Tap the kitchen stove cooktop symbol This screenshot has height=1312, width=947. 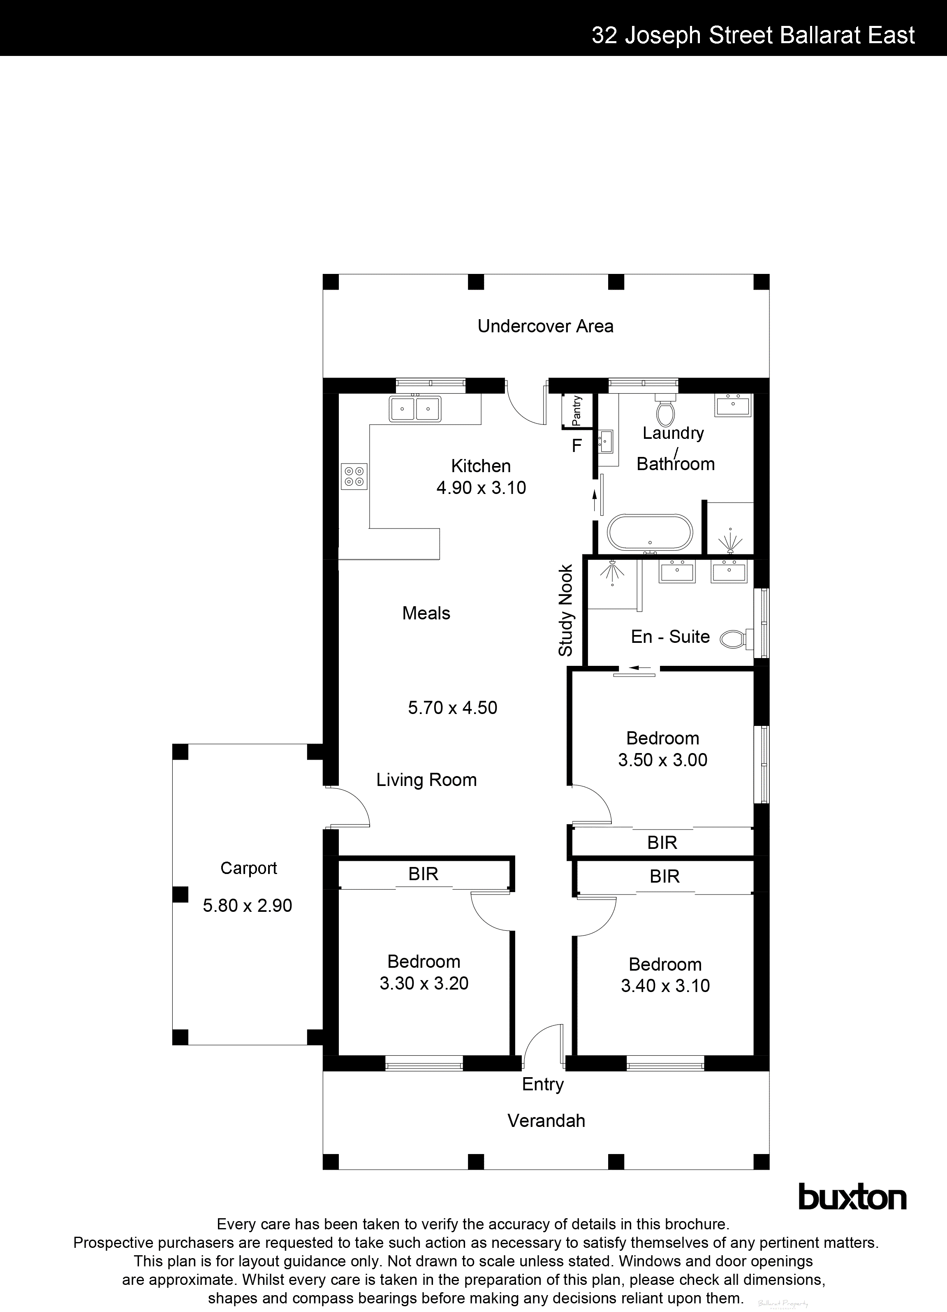coord(354,476)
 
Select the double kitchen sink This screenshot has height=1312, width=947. coord(415,409)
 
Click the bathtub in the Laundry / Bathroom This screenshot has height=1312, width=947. coord(649,532)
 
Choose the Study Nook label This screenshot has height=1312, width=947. coord(565,610)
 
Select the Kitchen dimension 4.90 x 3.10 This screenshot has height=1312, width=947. coord(481,488)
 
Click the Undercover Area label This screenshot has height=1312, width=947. coord(546,326)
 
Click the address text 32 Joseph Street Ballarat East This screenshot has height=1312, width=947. coord(753,36)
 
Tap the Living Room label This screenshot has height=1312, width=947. coord(426,780)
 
